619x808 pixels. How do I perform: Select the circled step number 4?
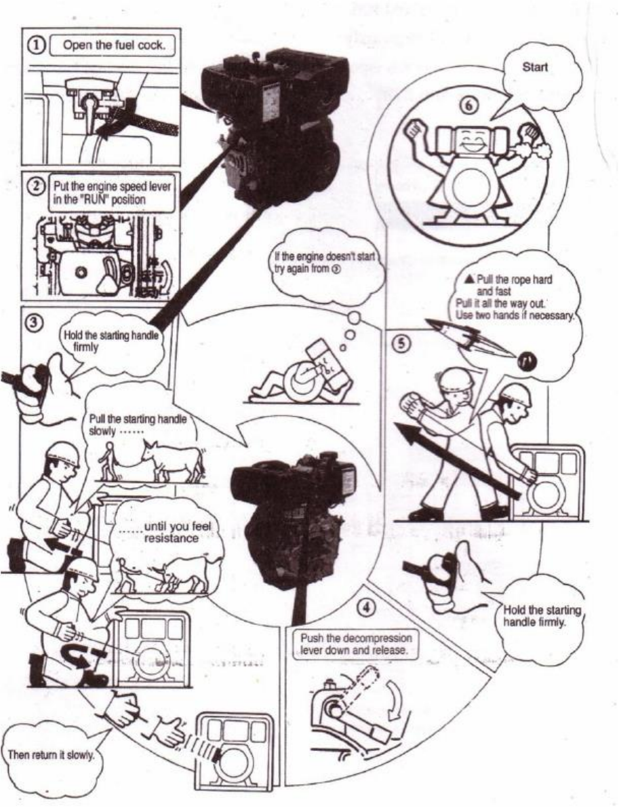point(367,608)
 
